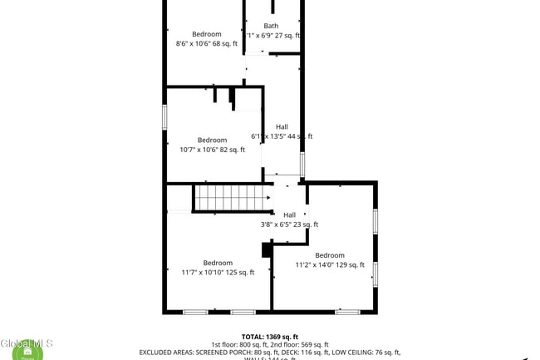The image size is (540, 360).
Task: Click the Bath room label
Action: [272, 26]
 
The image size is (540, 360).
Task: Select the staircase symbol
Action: [233, 199]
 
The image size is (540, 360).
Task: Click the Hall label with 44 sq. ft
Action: [282, 127]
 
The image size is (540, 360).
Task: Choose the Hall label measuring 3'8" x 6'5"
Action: [289, 215]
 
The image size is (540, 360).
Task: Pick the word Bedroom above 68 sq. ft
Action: [207, 34]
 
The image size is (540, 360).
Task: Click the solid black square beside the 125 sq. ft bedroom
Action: [267, 250]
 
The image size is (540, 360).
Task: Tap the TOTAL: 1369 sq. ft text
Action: [270, 337]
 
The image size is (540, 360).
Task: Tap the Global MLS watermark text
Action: [27, 343]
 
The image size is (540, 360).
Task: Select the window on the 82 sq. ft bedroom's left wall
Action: [164, 116]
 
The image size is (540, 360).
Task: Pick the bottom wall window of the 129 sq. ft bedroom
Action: [347, 312]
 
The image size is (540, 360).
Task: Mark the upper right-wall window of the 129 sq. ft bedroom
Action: [376, 221]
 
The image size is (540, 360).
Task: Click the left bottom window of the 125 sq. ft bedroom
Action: [195, 312]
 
